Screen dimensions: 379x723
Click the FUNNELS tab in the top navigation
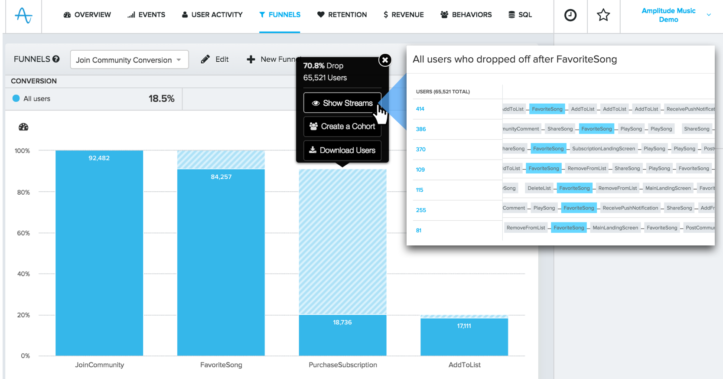(x=280, y=15)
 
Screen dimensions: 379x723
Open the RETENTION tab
(x=342, y=15)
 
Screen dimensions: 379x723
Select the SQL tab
(x=520, y=15)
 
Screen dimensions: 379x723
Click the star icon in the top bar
(x=603, y=16)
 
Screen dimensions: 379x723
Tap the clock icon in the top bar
(x=570, y=16)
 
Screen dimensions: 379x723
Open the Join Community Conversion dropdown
(x=129, y=60)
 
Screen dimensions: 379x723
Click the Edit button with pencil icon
(x=215, y=59)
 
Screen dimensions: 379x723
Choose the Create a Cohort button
(x=342, y=126)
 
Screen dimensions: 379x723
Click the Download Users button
(x=342, y=150)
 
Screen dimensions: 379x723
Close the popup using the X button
(x=385, y=60)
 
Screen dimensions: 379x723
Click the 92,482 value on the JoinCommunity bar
(x=99, y=158)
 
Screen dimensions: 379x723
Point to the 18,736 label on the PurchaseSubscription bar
(x=342, y=322)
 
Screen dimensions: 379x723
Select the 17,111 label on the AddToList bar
(x=464, y=326)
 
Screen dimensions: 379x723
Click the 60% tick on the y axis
(x=23, y=233)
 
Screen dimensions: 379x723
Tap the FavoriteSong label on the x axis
(x=221, y=365)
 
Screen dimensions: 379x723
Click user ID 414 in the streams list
(x=420, y=109)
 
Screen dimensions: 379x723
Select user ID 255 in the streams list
(x=421, y=210)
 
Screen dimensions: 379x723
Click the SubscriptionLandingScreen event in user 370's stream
(x=603, y=149)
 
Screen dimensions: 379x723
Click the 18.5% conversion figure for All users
(x=161, y=99)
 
